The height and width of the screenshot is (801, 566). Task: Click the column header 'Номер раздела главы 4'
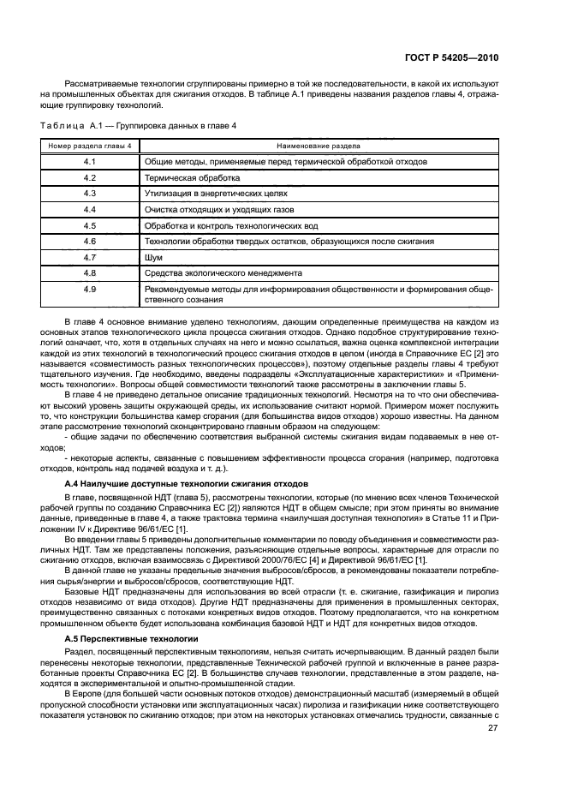90,146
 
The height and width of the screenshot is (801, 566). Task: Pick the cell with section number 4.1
90,161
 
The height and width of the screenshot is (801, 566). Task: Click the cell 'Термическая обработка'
193,177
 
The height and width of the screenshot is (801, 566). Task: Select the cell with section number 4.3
90,194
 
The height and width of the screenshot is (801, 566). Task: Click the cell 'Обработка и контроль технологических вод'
231,225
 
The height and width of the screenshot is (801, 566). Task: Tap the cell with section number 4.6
90,242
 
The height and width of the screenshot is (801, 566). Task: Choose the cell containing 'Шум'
153,257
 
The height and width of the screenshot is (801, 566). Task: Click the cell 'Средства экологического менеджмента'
223,273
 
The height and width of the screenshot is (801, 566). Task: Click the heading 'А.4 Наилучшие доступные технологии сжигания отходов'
187,484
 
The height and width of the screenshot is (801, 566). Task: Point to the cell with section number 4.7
90,257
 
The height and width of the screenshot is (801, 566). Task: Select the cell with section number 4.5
90,225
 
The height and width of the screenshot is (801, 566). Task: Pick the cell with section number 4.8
90,273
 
